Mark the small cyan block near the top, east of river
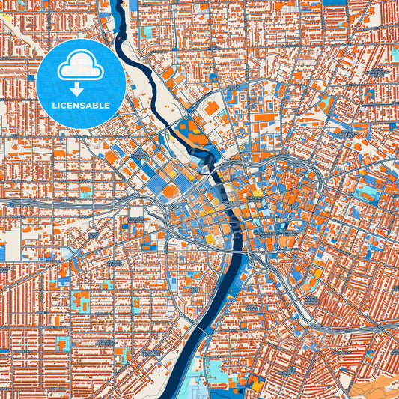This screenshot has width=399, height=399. (147, 32)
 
